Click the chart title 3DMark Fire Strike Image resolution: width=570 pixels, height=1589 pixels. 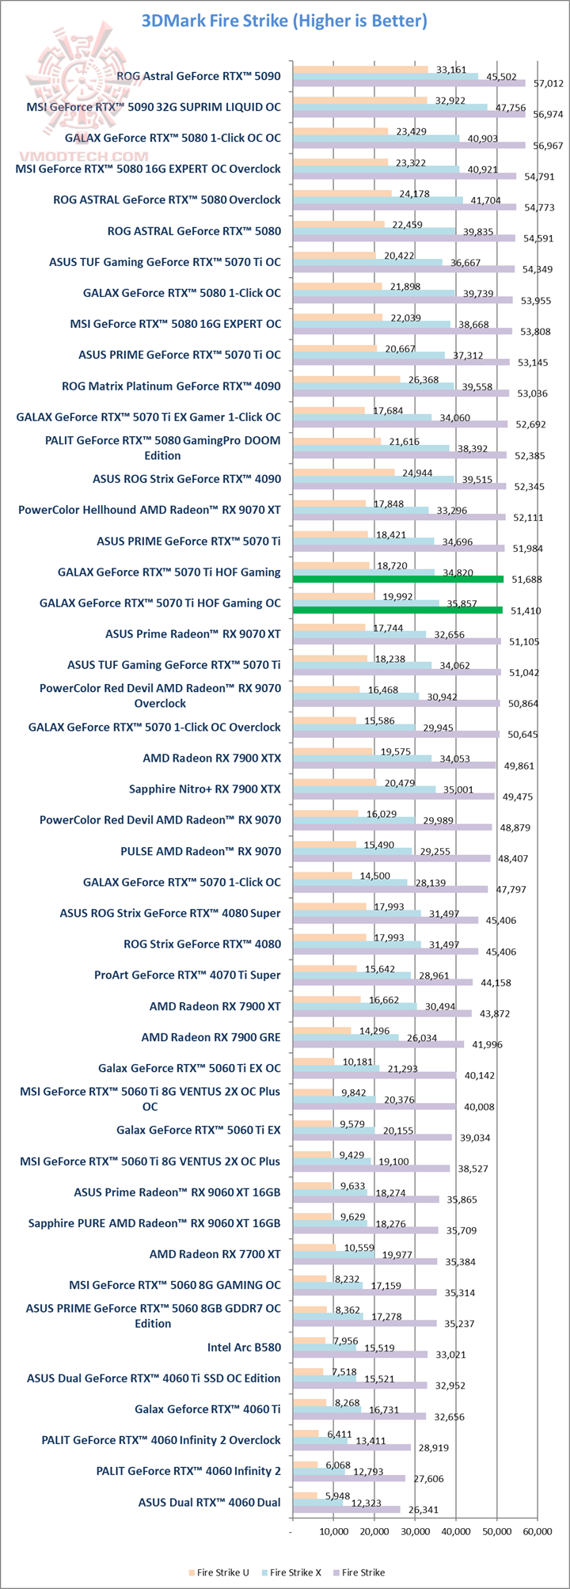click(284, 21)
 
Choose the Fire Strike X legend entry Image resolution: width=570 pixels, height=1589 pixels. click(295, 1572)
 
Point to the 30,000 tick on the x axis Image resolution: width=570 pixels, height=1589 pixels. click(415, 1531)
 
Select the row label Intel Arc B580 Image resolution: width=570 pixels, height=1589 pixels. click(244, 1347)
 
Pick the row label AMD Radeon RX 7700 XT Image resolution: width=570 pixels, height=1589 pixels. click(215, 1253)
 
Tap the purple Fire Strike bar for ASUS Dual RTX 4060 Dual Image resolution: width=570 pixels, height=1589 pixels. click(346, 1509)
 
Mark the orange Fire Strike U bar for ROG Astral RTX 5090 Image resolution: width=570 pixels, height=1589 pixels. click(360, 70)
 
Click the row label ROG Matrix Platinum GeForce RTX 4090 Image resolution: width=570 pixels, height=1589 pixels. click(171, 386)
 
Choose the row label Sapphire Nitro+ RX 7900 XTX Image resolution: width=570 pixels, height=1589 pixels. click(204, 789)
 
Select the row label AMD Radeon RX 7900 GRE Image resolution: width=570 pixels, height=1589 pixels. click(211, 1036)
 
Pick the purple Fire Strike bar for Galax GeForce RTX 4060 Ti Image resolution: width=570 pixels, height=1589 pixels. click(359, 1416)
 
